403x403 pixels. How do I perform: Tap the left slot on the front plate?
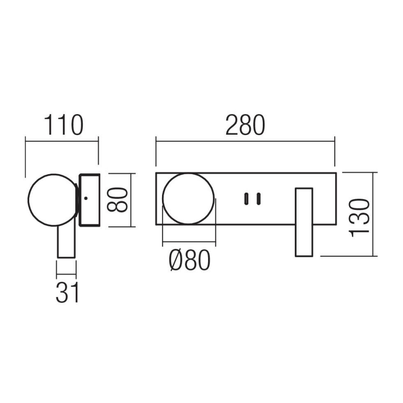tap(245, 199)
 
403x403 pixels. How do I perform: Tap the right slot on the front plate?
tap(258, 199)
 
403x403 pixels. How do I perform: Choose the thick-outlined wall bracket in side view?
tap(90, 200)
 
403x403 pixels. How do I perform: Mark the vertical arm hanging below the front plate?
tap(305, 222)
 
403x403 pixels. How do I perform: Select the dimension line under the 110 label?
tap(62, 138)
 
